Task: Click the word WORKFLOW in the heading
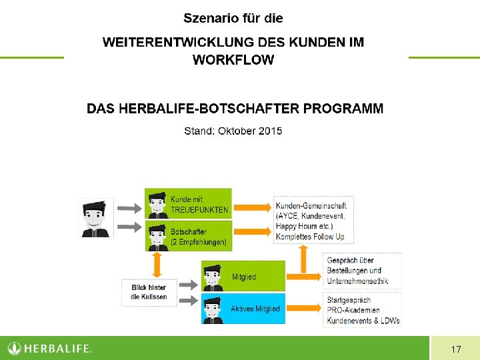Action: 233,60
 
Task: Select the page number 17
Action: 456,349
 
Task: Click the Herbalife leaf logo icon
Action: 15,348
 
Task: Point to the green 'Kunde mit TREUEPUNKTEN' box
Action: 189,203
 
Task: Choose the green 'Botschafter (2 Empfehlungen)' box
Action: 189,236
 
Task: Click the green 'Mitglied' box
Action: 243,276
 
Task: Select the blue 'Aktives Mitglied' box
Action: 243,309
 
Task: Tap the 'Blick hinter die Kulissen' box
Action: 149,292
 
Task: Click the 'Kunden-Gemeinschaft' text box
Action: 313,220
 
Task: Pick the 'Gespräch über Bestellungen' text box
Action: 363,271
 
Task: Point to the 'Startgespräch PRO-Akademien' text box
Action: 363,310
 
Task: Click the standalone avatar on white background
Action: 96,217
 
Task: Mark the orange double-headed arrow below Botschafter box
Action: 157,264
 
